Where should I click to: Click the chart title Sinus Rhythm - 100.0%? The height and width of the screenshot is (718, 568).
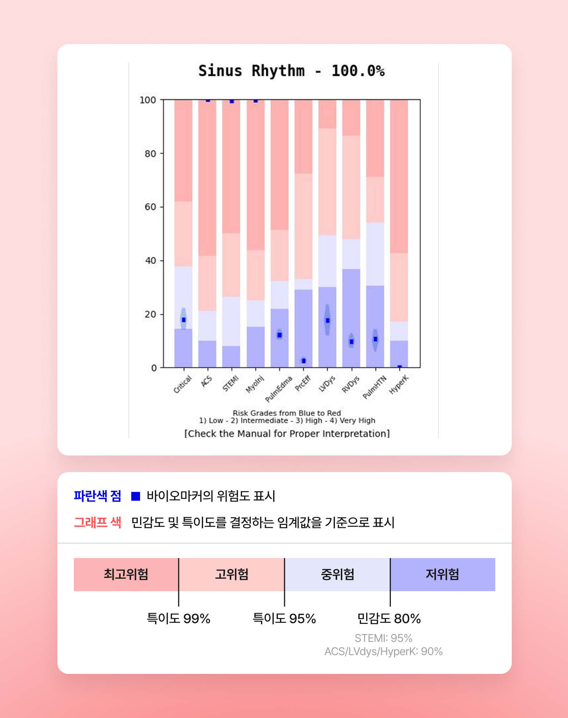[x=291, y=71]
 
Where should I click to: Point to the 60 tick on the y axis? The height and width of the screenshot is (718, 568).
[x=150, y=207]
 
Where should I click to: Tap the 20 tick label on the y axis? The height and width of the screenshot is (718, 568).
[x=150, y=314]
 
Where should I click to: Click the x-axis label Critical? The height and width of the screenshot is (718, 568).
[x=183, y=384]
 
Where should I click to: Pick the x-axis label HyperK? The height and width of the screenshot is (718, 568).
[x=399, y=385]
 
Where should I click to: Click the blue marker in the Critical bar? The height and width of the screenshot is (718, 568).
[x=183, y=320]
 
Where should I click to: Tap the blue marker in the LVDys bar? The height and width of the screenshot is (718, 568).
[x=328, y=320]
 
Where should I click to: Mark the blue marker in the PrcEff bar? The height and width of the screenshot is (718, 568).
[x=304, y=361]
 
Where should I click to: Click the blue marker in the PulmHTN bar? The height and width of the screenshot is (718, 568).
[x=375, y=339]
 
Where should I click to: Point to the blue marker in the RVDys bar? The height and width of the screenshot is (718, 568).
[x=351, y=342]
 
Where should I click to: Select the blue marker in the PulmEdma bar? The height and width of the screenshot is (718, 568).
[x=279, y=335]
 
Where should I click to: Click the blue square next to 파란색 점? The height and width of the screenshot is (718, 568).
[x=136, y=496]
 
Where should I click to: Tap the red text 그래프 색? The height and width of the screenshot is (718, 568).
[x=97, y=522]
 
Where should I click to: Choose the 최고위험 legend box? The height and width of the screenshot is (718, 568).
[x=126, y=574]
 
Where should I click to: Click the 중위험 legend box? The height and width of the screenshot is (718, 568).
[x=337, y=574]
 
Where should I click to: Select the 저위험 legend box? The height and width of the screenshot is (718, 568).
[x=443, y=574]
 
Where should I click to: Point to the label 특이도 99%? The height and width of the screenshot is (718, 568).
[x=178, y=619]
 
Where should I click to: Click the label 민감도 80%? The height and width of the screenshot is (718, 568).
[x=389, y=619]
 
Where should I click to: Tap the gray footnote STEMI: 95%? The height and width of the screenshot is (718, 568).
[x=383, y=638]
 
